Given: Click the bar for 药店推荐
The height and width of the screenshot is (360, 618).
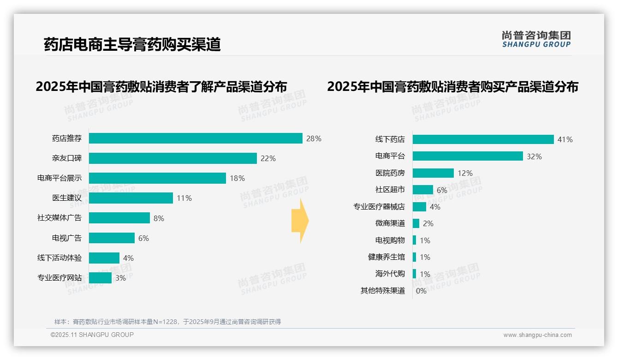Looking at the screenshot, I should (x=196, y=138).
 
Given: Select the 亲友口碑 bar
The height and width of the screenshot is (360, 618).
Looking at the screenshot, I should (x=172, y=158).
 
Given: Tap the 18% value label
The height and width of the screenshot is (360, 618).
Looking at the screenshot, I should (x=237, y=178).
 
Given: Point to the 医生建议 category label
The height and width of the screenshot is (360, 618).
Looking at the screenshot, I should (x=67, y=198).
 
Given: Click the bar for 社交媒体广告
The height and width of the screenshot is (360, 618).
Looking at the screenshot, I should (x=119, y=218).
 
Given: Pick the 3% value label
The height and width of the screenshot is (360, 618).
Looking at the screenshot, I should (x=120, y=278).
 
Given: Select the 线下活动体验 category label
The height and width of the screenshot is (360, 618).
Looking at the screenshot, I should (x=59, y=258).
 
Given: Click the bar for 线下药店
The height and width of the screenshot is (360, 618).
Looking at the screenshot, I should (x=483, y=139).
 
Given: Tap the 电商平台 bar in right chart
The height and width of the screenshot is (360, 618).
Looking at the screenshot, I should (x=468, y=156).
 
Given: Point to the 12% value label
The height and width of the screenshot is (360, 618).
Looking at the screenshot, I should (x=465, y=173).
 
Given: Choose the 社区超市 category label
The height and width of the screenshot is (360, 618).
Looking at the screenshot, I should (x=390, y=190).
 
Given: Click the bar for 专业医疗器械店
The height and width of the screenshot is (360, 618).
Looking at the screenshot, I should (x=419, y=207).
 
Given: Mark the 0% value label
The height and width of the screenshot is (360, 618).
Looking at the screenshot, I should (x=421, y=291).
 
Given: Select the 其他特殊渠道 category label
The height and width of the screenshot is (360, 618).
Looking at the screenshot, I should (x=383, y=291).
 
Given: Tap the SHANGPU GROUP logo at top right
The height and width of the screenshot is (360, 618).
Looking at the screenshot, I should (x=536, y=39).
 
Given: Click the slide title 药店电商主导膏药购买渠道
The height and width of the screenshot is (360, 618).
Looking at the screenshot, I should (x=132, y=44).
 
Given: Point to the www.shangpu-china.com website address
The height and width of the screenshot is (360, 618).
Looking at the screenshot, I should (x=537, y=335).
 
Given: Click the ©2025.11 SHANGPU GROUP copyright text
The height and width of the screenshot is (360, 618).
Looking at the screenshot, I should (x=92, y=335).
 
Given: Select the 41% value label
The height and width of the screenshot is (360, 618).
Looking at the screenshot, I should (x=565, y=139).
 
